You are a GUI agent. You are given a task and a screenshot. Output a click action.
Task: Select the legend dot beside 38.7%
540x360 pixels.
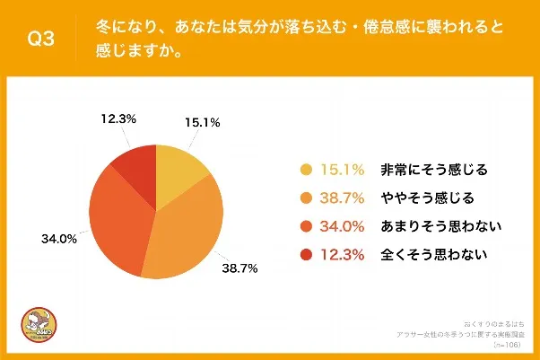305,198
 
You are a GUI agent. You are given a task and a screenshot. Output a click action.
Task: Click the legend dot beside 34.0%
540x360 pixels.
305,226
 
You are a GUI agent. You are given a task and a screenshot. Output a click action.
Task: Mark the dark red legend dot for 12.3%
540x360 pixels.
305,256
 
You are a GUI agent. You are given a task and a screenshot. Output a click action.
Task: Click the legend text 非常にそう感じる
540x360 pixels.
434,169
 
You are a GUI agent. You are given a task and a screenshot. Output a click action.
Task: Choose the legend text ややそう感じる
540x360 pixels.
427,198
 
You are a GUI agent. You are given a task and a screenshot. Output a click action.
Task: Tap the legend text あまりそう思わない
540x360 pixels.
440,226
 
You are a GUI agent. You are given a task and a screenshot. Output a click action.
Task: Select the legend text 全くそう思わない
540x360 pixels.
434,256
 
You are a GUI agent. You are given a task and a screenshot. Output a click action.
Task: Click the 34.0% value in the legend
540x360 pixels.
343,226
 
